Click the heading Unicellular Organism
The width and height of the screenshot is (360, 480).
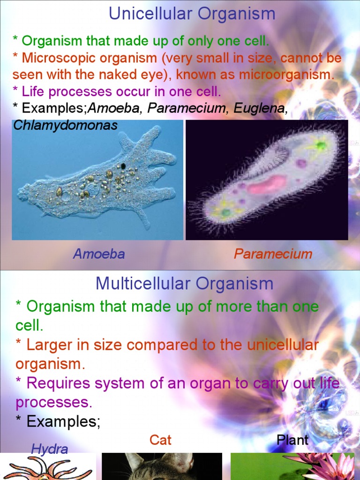(x=192, y=14)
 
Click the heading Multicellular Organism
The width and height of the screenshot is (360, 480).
(x=184, y=283)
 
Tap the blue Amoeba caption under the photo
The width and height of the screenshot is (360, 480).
(x=99, y=254)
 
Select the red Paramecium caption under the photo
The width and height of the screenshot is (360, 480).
(x=273, y=254)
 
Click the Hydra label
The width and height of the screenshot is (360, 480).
(x=49, y=449)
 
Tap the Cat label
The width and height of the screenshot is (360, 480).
(x=160, y=440)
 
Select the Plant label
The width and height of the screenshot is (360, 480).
(x=292, y=440)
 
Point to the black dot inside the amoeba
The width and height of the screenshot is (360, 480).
(x=123, y=165)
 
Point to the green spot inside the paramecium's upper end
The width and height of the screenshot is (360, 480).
(x=321, y=145)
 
